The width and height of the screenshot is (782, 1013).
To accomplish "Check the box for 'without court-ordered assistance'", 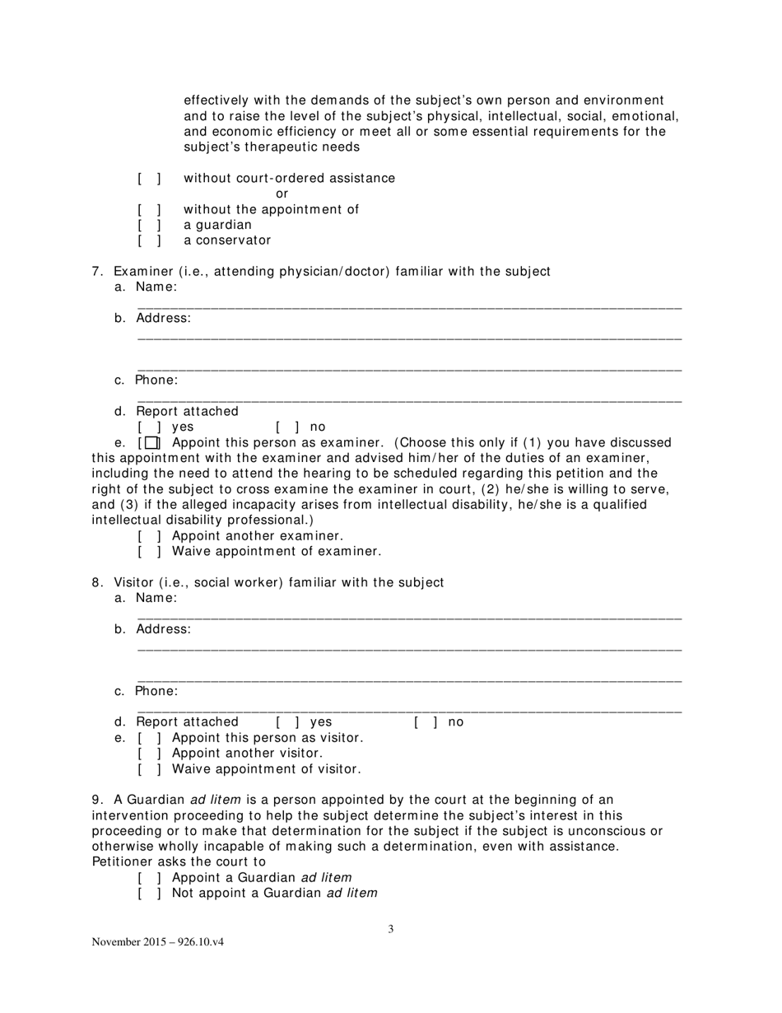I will tap(149, 179).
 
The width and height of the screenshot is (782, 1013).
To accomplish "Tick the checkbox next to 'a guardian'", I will tap(149, 225).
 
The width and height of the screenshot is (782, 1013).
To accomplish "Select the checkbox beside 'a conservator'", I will tap(149, 240).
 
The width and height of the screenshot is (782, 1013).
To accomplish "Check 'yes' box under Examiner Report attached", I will tap(149, 427).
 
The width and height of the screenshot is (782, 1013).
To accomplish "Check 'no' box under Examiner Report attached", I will tap(287, 427).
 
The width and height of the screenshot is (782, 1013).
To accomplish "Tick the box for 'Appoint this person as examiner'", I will tap(151, 443).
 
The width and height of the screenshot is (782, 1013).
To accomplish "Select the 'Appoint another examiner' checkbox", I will tap(149, 535).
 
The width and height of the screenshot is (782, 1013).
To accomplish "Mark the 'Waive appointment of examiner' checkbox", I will tap(149, 551).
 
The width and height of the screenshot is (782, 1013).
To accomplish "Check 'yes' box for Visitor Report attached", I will tap(287, 722).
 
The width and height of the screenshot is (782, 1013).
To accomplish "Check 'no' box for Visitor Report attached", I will tap(426, 722).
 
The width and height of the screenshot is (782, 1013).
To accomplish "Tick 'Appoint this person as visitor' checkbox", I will tap(149, 738).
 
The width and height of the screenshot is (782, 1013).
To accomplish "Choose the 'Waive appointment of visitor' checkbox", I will tap(149, 769).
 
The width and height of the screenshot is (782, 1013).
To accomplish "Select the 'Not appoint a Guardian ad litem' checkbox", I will tap(149, 893).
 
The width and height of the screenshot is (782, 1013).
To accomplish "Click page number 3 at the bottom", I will tap(391, 930).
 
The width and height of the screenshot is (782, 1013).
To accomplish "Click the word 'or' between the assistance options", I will tap(282, 194).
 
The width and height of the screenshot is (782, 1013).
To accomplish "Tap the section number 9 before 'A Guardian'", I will tap(96, 800).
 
